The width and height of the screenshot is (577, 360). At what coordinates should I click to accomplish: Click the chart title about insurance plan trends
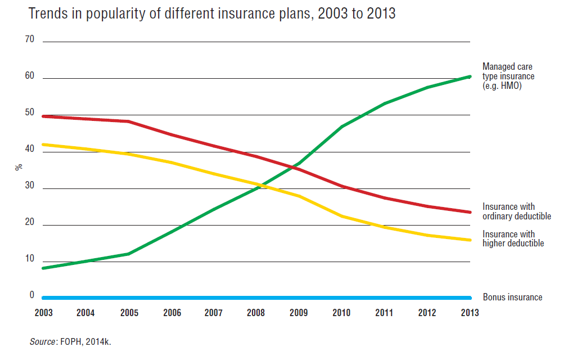(212, 14)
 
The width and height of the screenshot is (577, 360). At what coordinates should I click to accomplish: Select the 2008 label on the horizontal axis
(256, 313)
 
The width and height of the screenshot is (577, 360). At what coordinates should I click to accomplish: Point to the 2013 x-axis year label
(469, 313)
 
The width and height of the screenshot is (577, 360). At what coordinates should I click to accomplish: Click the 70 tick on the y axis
(30, 40)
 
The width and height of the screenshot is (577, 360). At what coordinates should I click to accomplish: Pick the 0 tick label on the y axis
(32, 295)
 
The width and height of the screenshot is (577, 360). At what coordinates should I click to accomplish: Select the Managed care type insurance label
(508, 76)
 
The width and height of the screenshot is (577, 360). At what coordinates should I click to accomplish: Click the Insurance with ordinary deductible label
(516, 211)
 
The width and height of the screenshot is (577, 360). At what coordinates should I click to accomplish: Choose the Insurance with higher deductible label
(513, 238)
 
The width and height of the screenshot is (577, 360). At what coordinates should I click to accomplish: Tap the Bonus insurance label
(512, 297)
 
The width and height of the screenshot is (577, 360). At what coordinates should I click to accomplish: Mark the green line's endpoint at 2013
(470, 76)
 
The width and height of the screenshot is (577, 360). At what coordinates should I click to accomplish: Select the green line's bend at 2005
(129, 254)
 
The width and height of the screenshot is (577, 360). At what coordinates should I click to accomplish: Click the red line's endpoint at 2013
(470, 212)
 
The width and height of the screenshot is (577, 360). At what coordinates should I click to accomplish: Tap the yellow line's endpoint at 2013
(470, 240)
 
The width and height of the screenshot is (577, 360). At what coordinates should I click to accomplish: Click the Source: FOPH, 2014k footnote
(70, 341)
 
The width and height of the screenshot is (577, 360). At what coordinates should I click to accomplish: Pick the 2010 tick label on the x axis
(341, 313)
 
